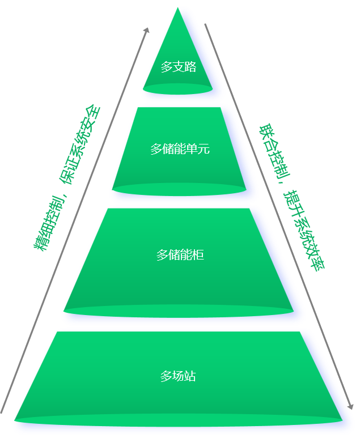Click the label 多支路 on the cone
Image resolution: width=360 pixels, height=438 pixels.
coord(179,67)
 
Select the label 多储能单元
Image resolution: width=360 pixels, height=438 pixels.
coord(180,149)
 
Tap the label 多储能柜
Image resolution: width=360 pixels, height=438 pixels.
coord(180,255)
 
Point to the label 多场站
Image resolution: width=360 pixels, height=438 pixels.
coord(178,376)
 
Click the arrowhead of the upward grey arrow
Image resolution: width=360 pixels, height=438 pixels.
coord(147,29)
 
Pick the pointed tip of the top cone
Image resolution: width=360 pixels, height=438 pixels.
coord(178,7)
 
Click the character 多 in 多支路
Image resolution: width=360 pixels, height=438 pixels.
coord(167,67)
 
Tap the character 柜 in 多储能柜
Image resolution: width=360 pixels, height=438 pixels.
coord(198,255)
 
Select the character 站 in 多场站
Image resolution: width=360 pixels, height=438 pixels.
coord(190,376)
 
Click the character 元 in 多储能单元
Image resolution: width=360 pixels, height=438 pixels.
coord(204,149)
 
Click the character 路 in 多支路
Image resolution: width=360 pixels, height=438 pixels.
coord(190,67)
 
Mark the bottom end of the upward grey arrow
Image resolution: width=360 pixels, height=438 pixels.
coord(2,413)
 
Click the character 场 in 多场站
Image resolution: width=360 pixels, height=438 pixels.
coord(178,376)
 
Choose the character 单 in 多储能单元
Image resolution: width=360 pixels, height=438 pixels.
coord(192,149)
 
